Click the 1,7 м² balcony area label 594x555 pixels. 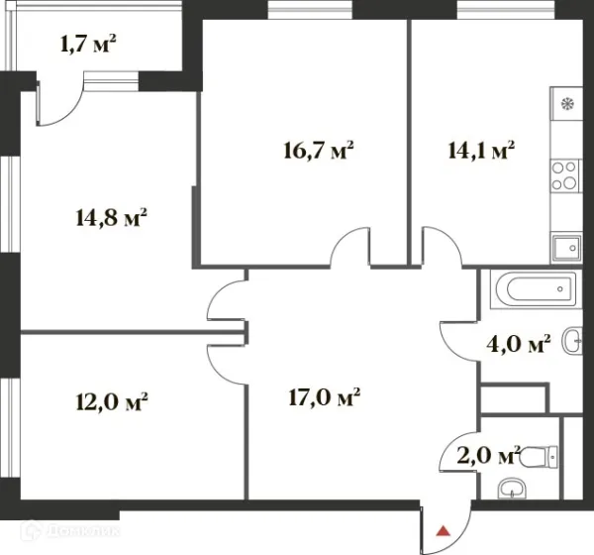[x=88, y=44]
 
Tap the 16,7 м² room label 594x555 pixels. [x=319, y=151]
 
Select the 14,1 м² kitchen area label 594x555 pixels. [x=481, y=150]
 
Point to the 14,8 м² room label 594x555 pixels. [x=111, y=218]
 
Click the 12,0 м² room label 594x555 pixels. [x=112, y=401]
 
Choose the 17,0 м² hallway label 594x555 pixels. [x=325, y=397]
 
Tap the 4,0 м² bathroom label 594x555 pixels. [x=518, y=344]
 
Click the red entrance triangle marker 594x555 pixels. [x=444, y=531]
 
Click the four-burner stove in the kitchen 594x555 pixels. [x=565, y=175]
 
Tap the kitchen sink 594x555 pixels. [x=566, y=248]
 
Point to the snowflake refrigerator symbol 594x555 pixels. [x=567, y=103]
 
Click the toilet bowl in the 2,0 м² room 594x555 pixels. [x=539, y=457]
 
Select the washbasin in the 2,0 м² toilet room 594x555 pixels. [x=512, y=489]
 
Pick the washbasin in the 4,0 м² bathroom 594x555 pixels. [x=572, y=341]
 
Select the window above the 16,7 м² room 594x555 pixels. [x=310, y=10]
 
